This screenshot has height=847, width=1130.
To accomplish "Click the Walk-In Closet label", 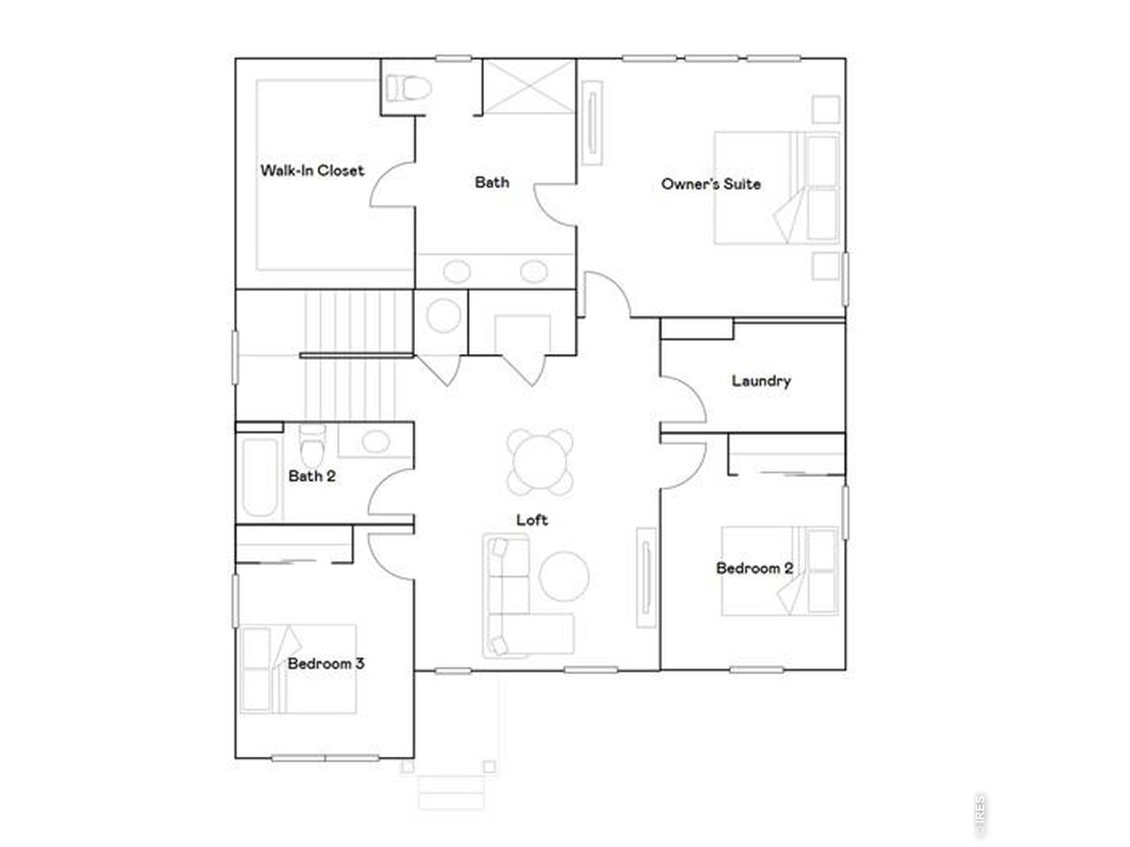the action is point(312,170).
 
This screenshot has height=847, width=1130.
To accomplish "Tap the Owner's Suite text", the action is point(711,184).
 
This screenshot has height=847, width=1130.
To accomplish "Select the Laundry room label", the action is point(761,381).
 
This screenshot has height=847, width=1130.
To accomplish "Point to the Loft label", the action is point(531,520).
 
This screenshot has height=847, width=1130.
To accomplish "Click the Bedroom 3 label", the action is point(326,663).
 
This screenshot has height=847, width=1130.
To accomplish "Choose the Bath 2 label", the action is point(312,476).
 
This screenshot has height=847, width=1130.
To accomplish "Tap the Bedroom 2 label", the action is point(754,568).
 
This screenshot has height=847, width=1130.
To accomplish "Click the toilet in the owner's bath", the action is point(408,88).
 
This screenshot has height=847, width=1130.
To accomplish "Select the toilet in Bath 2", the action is point(312,445).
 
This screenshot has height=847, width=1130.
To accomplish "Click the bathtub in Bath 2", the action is point(260,476).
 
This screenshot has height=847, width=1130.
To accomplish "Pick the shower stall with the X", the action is point(529,86).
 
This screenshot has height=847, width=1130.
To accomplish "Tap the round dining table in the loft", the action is point(539,461).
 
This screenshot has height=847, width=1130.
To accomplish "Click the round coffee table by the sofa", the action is point(564,576).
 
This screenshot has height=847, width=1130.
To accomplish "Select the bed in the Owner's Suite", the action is point(776,188).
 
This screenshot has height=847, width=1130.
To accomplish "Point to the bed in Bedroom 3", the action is point(298,669).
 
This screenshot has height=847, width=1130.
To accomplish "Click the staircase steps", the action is point(350,356).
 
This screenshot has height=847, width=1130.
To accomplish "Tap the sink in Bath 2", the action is point(375,441).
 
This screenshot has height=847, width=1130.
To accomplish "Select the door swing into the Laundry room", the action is point(683,400).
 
